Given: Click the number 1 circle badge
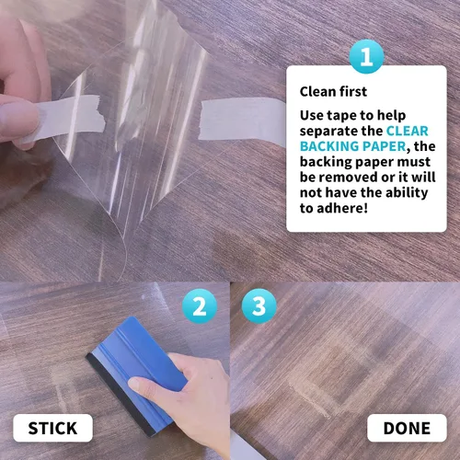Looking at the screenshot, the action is point(366,56).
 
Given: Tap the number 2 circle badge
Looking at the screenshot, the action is point(200,306).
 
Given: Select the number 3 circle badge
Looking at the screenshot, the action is point(259,306).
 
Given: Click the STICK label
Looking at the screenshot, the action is point(52,428).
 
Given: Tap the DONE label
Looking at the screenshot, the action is point(407,428).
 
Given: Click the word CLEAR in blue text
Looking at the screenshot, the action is point(407,131).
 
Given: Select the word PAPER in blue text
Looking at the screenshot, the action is point(380,146).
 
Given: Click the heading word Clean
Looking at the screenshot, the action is point(316,92).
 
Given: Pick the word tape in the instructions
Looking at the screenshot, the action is point(341,116).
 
